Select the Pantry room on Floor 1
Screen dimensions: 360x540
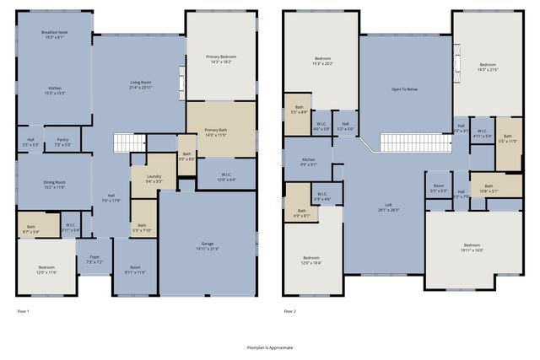[x=62, y=142]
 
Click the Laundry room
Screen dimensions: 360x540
[x=154, y=179]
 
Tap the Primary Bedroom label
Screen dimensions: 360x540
[x=219, y=58]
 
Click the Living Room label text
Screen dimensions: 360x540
[x=140, y=86]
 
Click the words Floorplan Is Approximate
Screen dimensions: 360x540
[x=269, y=347]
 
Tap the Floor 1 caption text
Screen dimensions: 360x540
[x=23, y=311]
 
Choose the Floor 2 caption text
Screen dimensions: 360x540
[x=289, y=311]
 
